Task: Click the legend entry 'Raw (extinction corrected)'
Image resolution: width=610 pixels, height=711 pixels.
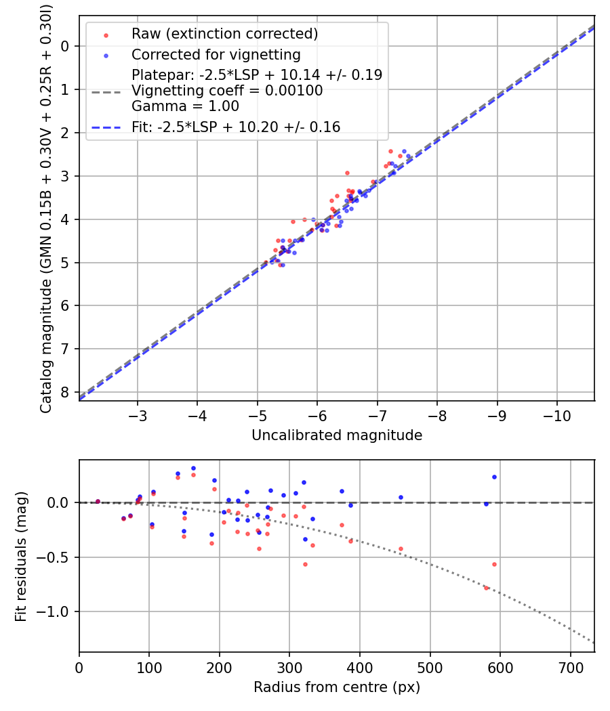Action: point(224,34)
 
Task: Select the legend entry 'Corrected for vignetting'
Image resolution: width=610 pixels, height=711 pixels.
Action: point(216,54)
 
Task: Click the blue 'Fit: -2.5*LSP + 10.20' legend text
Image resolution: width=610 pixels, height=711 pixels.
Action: point(236,127)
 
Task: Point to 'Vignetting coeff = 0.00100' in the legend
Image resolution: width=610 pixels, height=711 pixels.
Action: point(227,91)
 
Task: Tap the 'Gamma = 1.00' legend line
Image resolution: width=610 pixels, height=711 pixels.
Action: point(185,106)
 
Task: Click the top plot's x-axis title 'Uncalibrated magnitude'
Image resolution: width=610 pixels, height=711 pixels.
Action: point(337,435)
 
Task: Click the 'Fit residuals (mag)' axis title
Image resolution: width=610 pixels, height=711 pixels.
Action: point(21,555)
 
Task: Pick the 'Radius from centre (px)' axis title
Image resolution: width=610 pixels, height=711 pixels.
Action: point(337,687)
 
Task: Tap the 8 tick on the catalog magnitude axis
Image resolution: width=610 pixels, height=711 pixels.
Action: point(64,392)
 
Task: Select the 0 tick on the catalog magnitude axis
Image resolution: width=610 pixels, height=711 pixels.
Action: point(64,46)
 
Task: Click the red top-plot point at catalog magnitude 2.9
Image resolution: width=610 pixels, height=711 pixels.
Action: point(347,173)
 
